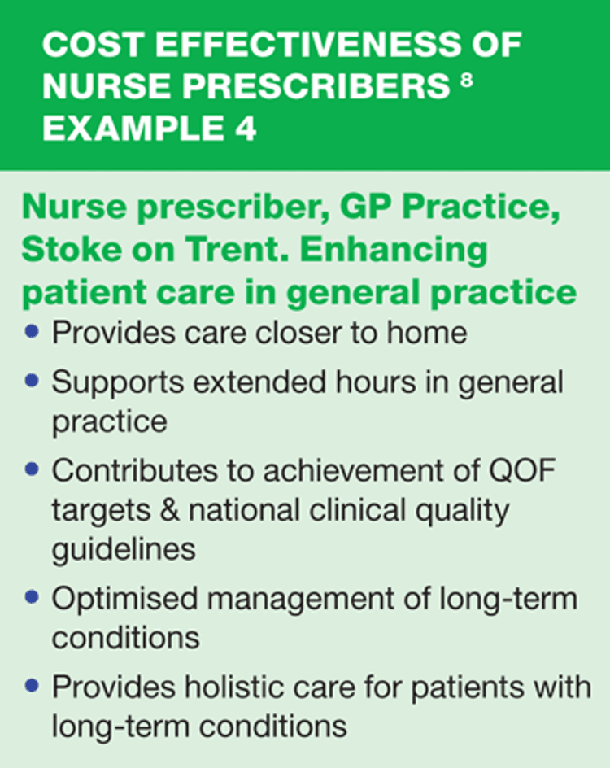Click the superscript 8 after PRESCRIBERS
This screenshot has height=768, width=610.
pyautogui.click(x=467, y=80)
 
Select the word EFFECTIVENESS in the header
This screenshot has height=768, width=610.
pyautogui.click(x=308, y=45)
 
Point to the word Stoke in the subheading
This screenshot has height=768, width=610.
pyautogui.click(x=72, y=249)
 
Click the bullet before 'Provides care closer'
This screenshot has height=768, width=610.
pyautogui.click(x=32, y=332)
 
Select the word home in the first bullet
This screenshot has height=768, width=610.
pyautogui.click(x=427, y=333)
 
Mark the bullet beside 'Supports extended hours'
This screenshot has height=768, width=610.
pyautogui.click(x=32, y=381)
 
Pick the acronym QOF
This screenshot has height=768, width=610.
pyautogui.click(x=522, y=470)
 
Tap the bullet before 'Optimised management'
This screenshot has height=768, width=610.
pyautogui.click(x=32, y=597)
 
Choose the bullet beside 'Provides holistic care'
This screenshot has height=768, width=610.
pyautogui.click(x=32, y=685)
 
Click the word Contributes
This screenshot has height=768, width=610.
pyautogui.click(x=135, y=470)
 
